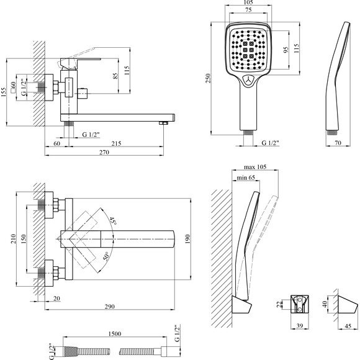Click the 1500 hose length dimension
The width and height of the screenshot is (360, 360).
[x=114, y=333]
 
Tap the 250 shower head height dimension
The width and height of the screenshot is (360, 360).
[x=208, y=78]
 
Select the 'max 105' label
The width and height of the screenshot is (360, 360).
[x=255, y=167]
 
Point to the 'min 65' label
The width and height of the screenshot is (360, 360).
[x=246, y=178]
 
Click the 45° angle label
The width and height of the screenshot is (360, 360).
[x=112, y=221]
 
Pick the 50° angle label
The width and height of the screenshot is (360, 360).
[x=107, y=256]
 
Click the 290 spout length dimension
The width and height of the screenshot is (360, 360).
[x=109, y=306]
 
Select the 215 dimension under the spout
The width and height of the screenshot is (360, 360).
[x=116, y=143]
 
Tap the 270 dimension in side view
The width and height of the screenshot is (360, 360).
[x=104, y=152]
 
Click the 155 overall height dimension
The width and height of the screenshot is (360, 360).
[x=4, y=92]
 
